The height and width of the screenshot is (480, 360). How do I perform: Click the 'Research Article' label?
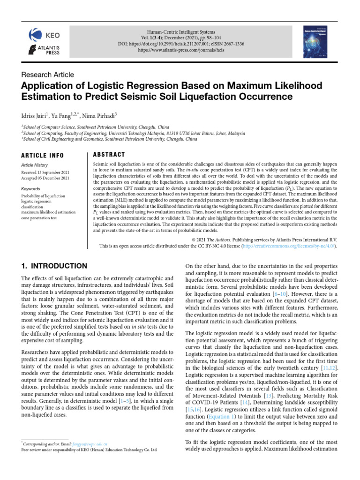click(x=47, y=75)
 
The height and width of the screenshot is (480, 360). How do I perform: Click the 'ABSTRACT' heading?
click(x=109, y=155)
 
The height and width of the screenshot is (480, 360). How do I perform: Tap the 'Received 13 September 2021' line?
click(x=45, y=172)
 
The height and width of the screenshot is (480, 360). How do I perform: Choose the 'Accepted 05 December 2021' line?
click(x=45, y=178)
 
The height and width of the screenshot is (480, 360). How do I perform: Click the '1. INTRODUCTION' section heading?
click(x=54, y=266)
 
